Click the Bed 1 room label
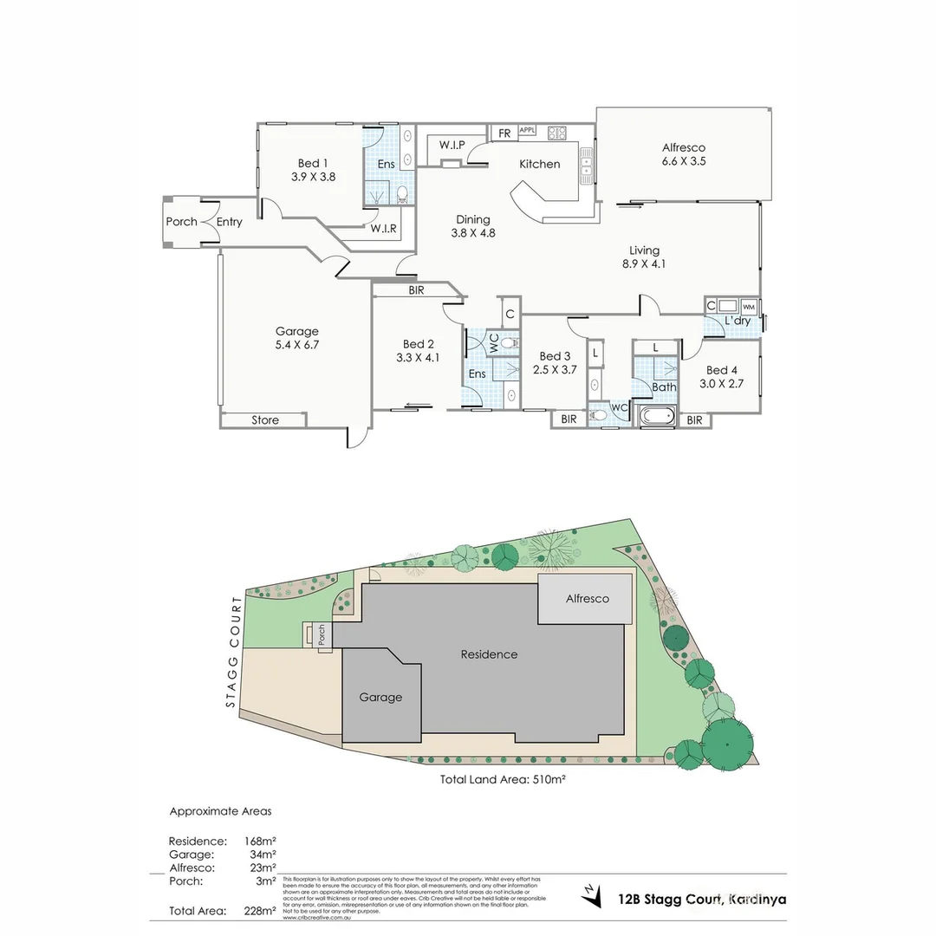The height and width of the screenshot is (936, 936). (313, 163)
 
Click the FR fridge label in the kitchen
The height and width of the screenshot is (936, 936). (504, 133)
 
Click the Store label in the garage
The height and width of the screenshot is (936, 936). (265, 420)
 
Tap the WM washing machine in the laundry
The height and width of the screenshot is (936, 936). (749, 307)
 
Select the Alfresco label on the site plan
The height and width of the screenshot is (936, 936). (587, 599)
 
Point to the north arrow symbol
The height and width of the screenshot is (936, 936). (591, 896)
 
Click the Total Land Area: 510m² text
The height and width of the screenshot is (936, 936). (503, 779)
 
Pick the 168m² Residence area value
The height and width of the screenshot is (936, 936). (262, 841)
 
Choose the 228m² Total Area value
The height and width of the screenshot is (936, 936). (262, 911)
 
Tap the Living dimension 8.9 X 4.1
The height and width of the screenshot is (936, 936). (644, 264)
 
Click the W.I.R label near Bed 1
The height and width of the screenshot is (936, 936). (384, 229)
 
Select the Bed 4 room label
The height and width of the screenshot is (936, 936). (722, 370)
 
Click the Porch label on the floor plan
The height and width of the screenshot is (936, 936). (181, 222)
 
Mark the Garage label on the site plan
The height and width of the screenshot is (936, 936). (380, 697)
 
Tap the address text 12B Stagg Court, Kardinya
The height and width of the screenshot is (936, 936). (702, 900)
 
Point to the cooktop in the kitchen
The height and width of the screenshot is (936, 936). (556, 133)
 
